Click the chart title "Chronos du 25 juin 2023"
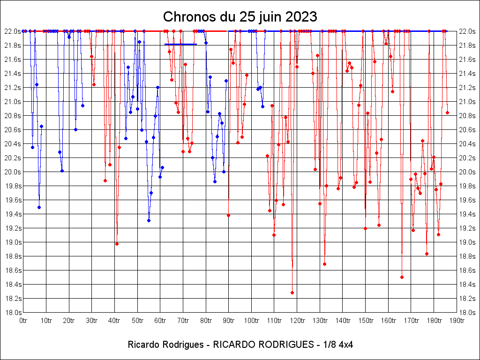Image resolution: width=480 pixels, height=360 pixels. click(x=240, y=17)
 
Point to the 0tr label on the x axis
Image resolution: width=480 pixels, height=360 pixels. click(x=23, y=321)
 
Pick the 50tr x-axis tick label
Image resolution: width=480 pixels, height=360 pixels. click(x=137, y=321)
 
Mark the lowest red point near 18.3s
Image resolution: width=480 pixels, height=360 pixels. click(x=292, y=292)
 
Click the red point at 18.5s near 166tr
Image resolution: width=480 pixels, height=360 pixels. click(x=402, y=277)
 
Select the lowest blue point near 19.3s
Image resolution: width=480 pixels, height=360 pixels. click(x=149, y=220)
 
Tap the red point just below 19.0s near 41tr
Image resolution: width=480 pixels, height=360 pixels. click(x=117, y=244)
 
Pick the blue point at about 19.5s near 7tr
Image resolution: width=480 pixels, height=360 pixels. click(x=39, y=207)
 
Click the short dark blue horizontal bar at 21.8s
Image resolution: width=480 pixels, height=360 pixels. click(x=180, y=45)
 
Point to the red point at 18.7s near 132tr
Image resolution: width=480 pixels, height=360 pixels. click(x=324, y=264)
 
